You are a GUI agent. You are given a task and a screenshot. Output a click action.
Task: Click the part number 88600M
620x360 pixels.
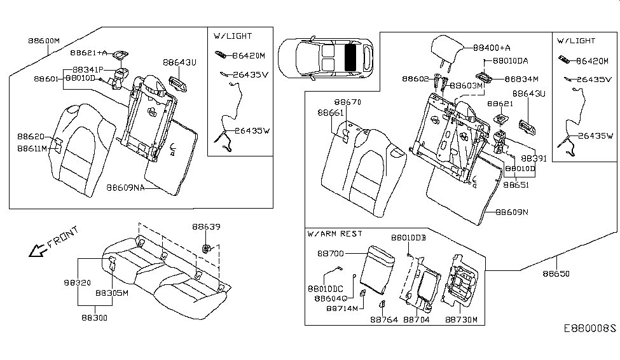(43, 39)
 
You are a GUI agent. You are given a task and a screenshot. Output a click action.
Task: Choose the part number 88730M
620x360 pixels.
(461, 320)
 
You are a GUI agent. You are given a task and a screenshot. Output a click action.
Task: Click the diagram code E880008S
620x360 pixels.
(590, 329)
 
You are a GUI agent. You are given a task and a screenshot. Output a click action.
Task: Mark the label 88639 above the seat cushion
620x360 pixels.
(207, 227)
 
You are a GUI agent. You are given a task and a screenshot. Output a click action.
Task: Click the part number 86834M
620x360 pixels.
(521, 79)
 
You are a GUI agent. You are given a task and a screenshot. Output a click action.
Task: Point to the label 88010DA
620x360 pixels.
(511, 60)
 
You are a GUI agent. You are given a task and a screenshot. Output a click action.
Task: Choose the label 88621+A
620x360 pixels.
(89, 53)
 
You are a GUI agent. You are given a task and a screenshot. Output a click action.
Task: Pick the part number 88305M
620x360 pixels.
(112, 293)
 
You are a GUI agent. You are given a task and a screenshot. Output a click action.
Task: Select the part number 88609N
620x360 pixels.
(512, 212)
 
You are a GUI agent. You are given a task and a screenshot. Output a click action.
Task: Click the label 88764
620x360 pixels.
(384, 320)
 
